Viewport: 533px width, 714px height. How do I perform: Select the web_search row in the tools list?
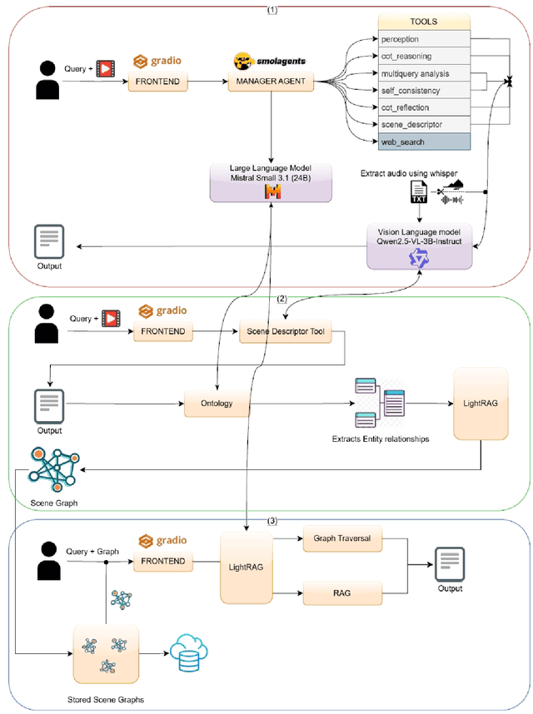424,141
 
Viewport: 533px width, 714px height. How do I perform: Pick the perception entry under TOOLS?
424,39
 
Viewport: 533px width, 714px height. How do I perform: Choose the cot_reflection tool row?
424,107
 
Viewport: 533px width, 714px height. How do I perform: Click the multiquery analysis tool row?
424,73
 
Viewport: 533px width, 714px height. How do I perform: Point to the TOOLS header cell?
424,22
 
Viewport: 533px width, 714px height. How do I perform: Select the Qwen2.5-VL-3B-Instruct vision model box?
420,245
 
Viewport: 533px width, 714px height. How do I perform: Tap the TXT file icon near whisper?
419,194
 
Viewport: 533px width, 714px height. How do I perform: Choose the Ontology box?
217,404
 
